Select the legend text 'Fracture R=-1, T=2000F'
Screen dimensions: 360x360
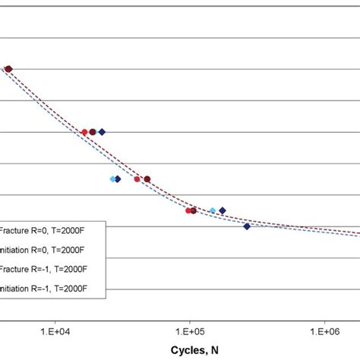45,268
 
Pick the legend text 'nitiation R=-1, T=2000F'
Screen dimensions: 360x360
45,288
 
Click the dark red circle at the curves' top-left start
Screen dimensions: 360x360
9,69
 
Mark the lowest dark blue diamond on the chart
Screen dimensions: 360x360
247,226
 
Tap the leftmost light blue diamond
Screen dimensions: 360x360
112,179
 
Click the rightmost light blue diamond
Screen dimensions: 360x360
213,210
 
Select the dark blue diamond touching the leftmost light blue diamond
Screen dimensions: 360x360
118,179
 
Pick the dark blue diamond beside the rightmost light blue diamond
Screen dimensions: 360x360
222,210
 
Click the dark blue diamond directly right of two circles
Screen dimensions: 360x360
102,131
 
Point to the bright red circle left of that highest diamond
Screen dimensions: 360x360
84,132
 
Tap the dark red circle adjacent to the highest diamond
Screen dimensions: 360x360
93,131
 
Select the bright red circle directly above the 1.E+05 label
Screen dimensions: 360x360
188,210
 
